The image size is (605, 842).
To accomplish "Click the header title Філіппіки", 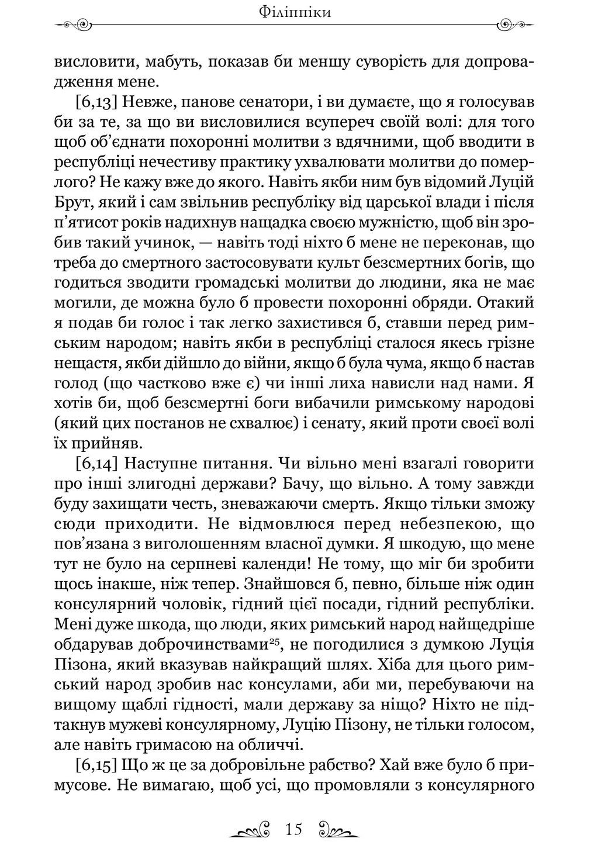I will (x=302, y=11).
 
